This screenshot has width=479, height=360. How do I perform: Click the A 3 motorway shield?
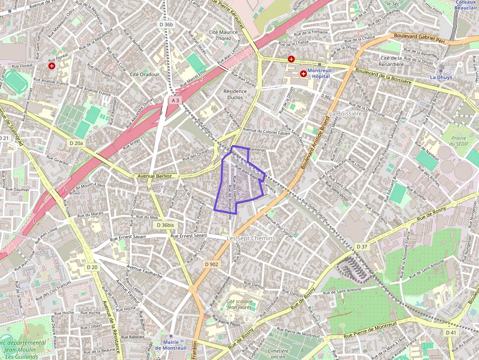click(x=175, y=100)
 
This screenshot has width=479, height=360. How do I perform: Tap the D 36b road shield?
click(x=166, y=24)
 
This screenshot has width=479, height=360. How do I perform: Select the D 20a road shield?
click(x=76, y=143)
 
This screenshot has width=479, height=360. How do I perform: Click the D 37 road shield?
click(x=362, y=247)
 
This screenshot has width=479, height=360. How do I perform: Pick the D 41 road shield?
click(x=451, y=332)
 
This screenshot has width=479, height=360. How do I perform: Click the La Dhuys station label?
click(x=440, y=77)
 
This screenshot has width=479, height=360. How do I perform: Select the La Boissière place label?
click(x=346, y=113)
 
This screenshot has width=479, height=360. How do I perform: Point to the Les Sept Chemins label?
click(x=251, y=238)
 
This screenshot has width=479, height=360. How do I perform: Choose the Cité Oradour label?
click(x=145, y=74)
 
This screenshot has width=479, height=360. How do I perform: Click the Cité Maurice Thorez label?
click(x=223, y=35)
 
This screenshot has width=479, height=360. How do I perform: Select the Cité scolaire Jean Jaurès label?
click(x=239, y=304)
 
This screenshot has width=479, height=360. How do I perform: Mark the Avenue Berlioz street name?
click(x=154, y=176)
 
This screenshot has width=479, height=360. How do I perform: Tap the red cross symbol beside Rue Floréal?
click(x=52, y=65)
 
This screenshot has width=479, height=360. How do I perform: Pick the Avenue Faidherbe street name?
click(x=145, y=272)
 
